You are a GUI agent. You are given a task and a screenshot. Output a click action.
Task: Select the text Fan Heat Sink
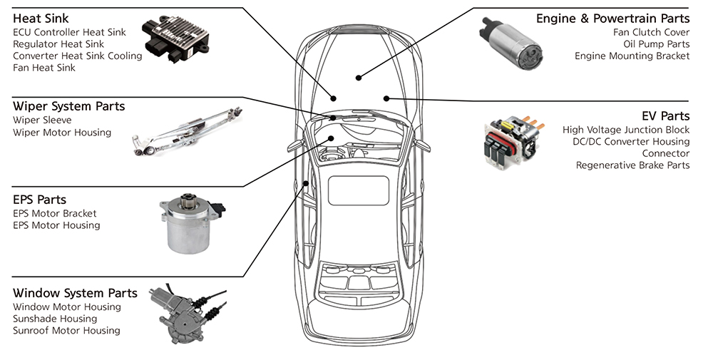pos(44,68)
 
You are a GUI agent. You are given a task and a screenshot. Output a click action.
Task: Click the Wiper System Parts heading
pos(68,106)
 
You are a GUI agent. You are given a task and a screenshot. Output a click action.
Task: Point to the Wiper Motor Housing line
pos(62,132)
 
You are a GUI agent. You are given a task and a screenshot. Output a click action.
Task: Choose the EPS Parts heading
pos(40,200)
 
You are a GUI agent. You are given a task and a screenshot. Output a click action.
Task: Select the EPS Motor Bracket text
pos(55,213)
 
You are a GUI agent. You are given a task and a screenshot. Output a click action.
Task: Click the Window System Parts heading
pos(75,293)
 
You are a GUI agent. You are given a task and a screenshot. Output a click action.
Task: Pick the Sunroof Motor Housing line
pos(66,331)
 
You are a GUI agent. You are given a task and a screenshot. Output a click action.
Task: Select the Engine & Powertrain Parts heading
pos(612,19)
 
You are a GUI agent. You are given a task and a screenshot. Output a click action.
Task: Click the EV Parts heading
pos(665,115)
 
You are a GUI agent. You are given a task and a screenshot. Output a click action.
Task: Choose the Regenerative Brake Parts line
pos(632,165)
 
